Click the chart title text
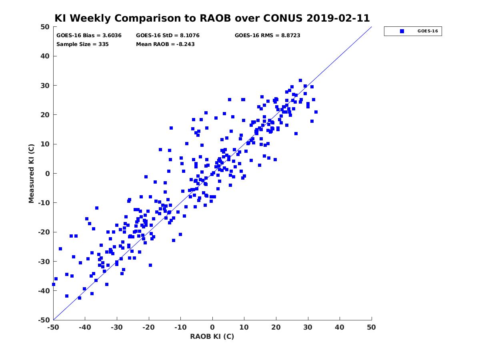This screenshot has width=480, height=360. click(212, 18)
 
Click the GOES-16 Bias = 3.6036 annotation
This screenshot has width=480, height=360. click(89, 36)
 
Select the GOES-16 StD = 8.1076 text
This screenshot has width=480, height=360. click(168, 36)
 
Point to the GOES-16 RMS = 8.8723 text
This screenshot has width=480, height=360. click(267, 36)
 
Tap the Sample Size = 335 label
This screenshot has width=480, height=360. click(82, 44)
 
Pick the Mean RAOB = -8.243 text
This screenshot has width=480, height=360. click(165, 44)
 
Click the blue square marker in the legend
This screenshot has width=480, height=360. click(402, 31)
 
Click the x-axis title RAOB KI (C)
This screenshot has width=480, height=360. click(212, 336)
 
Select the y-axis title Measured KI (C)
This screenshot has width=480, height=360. click(31, 173)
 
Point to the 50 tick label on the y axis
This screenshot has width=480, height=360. click(45, 27)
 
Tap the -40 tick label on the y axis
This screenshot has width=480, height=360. click(44, 291)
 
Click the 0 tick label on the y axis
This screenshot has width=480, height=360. click(48, 174)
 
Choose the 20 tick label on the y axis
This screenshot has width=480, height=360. click(45, 115)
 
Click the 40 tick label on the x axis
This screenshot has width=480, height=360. click(340, 327)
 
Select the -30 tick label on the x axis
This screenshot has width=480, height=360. click(117, 327)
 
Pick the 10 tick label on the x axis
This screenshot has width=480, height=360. click(244, 327)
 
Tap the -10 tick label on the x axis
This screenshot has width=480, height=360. click(180, 327)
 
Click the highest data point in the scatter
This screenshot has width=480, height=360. click(300, 80)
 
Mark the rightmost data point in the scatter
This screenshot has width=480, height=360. click(316, 112)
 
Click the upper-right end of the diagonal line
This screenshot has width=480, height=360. click(372, 27)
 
